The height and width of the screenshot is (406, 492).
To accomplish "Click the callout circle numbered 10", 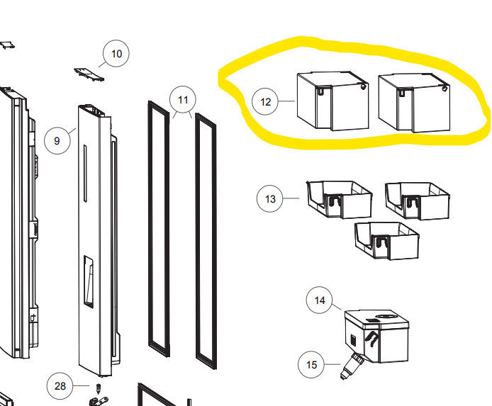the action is click(116, 53).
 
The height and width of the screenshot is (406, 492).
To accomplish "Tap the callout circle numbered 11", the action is click(183, 99).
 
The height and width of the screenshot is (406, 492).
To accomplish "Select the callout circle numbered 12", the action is click(265, 101).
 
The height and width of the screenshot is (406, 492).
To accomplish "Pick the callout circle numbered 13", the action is click(270, 199).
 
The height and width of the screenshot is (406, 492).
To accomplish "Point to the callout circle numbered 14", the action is click(319, 300).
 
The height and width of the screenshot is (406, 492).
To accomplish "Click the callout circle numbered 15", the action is click(311, 364).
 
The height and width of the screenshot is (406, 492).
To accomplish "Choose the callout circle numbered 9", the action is click(57, 140).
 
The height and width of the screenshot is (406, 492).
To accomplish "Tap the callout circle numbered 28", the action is click(60, 386).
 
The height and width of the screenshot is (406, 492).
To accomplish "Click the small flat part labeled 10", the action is click(89, 74).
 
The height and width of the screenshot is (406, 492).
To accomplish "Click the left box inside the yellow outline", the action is click(333, 101).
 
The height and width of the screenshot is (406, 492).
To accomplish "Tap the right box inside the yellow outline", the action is click(414, 103).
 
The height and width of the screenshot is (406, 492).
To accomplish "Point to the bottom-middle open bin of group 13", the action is click(387, 241).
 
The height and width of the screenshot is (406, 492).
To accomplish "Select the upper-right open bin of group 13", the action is click(418, 201).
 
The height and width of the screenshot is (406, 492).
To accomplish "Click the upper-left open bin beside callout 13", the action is click(340, 199).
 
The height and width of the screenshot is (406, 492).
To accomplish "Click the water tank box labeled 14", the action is click(377, 336).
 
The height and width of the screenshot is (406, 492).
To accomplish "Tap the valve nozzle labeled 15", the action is click(352, 366).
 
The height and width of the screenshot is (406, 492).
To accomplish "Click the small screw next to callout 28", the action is click(99, 389).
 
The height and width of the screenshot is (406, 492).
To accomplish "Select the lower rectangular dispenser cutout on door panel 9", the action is click(88, 281).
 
